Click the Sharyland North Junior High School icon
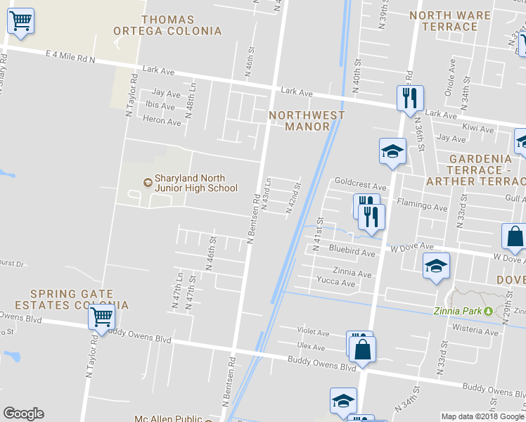[x=147, y=183]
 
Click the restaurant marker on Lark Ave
[x=409, y=97]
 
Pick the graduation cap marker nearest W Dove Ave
[x=435, y=266]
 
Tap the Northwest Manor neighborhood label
[x=307, y=121]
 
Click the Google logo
[x=23, y=414]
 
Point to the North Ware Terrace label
[x=450, y=21]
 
